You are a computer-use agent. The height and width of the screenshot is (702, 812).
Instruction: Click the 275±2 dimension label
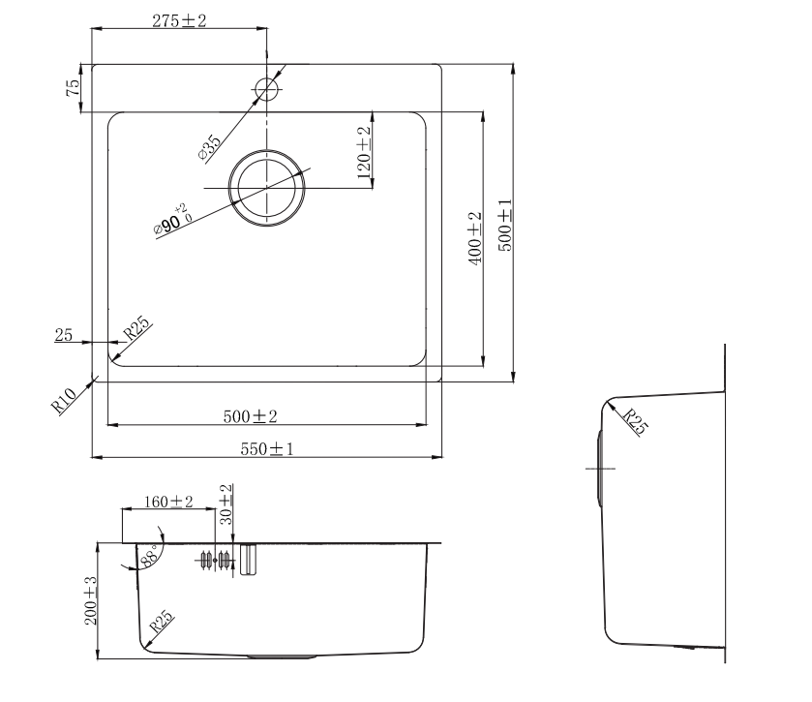point(179,20)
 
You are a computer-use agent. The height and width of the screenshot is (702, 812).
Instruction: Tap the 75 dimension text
point(74,87)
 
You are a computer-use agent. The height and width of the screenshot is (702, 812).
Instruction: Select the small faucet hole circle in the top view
point(267,89)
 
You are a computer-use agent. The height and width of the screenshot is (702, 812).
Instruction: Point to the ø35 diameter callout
point(209,147)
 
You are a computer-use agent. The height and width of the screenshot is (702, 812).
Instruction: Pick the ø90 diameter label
point(173,221)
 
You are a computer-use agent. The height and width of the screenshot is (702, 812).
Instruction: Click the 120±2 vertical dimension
point(364,152)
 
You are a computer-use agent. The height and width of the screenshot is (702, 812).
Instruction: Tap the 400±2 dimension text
point(475,238)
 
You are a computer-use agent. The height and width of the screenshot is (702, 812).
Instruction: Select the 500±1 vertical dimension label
point(505,226)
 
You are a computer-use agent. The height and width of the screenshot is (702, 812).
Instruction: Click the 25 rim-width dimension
point(63,335)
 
